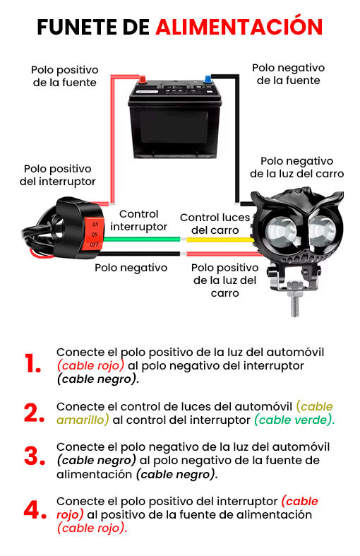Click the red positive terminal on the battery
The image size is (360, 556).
point(142,79)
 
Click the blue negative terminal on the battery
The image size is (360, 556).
point(208,78)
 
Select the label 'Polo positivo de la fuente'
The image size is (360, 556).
point(64,76)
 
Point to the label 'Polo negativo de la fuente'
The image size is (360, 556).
point(289,73)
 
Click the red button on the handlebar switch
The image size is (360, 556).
point(93,234)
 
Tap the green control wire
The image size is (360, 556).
point(142,239)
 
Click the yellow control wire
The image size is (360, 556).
point(220,239)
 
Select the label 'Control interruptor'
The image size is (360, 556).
point(138,220)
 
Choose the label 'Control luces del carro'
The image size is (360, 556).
point(215,224)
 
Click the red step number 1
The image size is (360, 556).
point(33,363)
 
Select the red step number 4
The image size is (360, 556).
point(35,510)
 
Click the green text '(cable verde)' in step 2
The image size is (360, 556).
point(294,420)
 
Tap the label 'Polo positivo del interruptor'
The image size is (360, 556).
point(57,175)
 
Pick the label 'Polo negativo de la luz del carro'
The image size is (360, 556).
point(297,167)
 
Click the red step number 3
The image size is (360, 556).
point(35,456)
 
